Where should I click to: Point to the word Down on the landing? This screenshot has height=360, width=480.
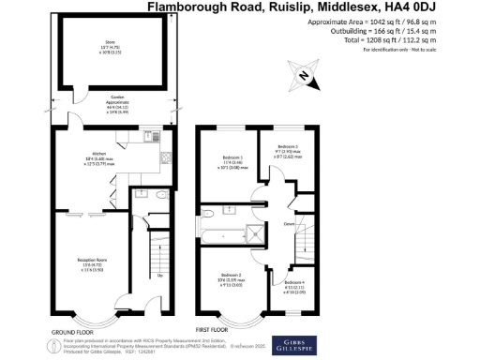pos(290,224)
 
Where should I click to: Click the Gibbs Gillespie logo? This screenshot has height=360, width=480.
pos(289,343)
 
